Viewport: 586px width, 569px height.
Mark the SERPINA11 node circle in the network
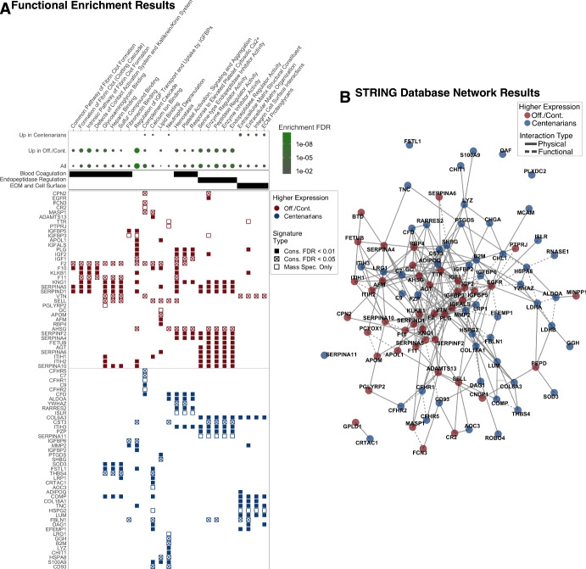(x=378, y=354)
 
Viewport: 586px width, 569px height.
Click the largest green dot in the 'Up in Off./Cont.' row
(x=137, y=150)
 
